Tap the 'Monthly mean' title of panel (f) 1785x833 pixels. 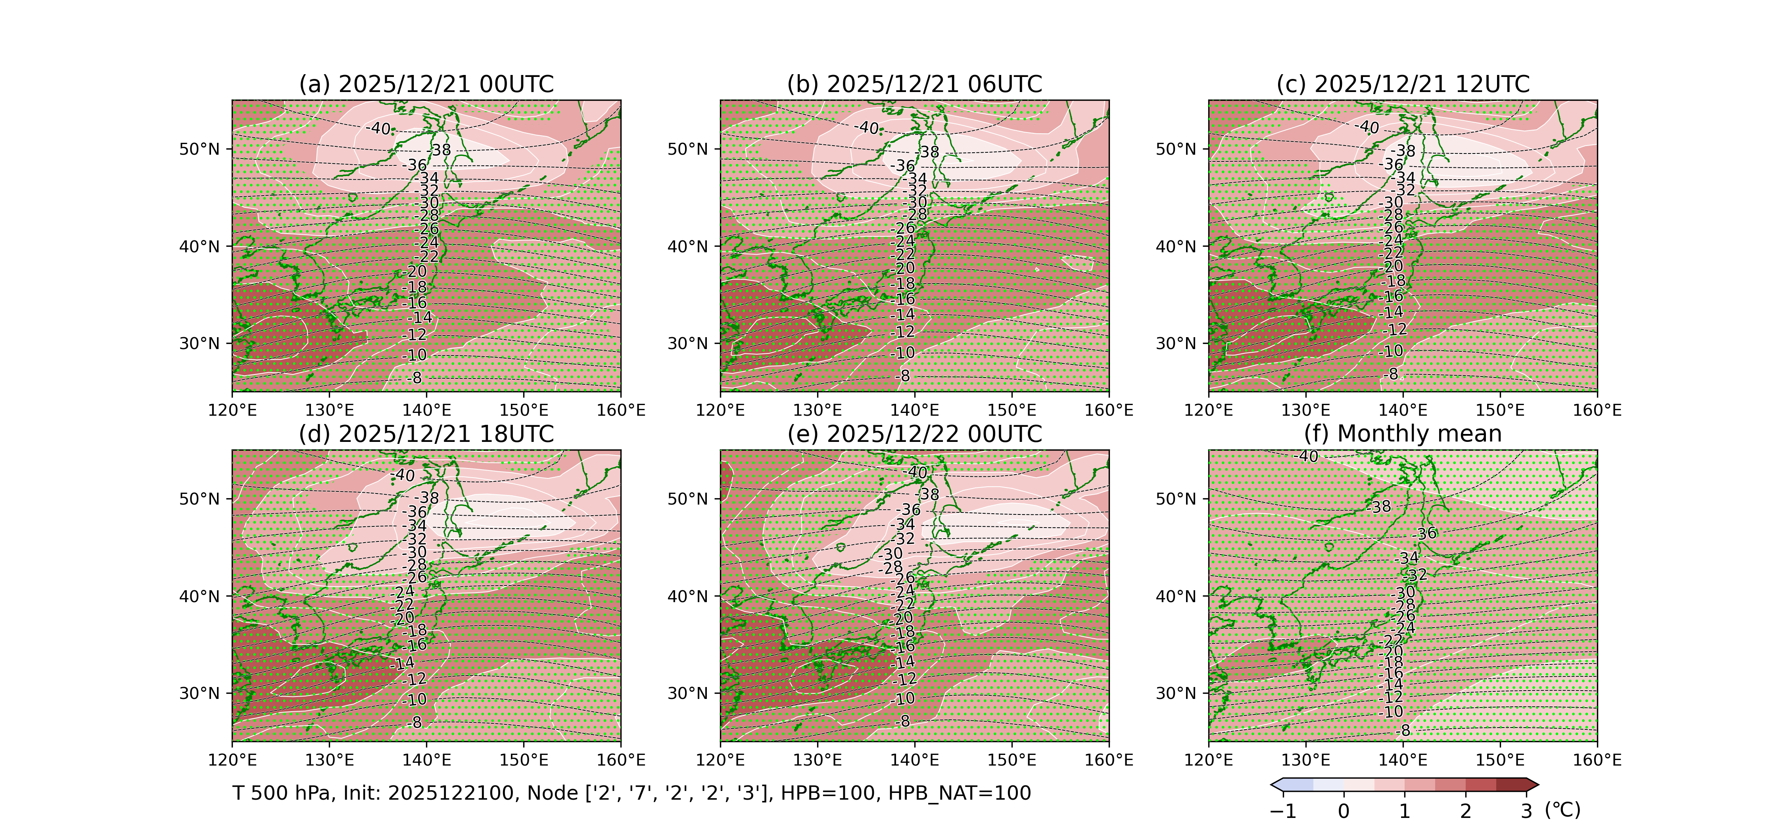point(1403,434)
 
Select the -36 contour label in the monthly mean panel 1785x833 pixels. point(1425,534)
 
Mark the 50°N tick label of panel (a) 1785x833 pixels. point(200,150)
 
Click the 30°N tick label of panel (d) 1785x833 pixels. point(200,693)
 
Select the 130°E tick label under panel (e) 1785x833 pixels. point(818,760)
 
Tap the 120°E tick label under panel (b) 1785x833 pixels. point(721,410)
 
